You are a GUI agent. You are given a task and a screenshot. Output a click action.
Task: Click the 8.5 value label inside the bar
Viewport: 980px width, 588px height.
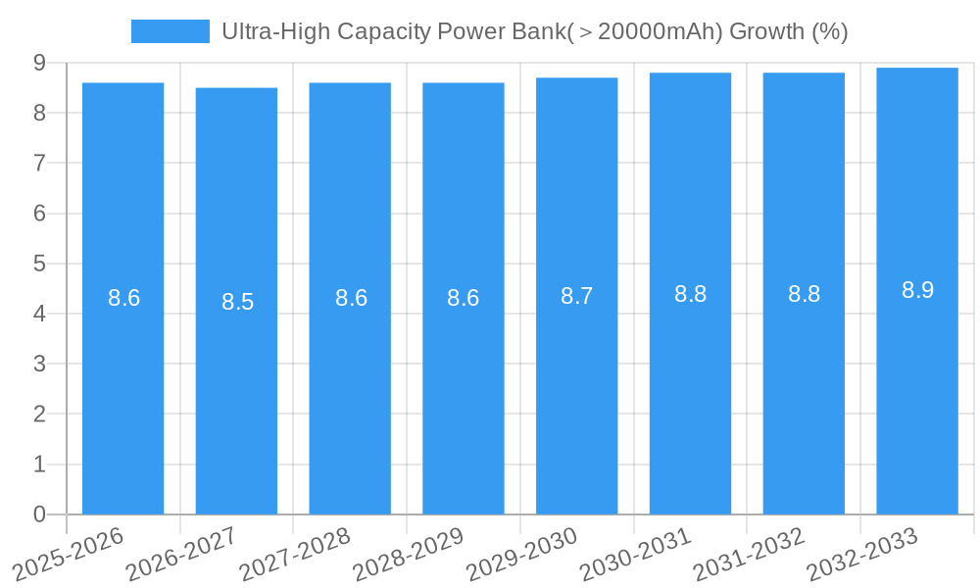coord(237,302)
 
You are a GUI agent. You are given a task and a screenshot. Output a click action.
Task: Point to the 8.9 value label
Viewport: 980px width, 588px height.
coord(917,290)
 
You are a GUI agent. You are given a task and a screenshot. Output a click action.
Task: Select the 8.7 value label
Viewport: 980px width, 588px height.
coord(576,296)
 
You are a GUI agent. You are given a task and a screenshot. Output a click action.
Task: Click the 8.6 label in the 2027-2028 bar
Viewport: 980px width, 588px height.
coord(351,298)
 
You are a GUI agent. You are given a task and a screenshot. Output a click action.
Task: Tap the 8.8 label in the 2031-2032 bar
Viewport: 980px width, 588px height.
coord(804,294)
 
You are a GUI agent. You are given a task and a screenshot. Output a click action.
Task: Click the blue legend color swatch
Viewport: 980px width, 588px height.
coord(170,31)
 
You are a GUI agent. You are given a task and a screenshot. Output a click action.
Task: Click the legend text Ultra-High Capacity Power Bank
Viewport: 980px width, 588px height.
coord(534,31)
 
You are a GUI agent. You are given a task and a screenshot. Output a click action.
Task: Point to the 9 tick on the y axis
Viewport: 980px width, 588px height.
coord(39,63)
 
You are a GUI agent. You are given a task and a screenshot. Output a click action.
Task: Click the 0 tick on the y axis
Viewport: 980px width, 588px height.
coord(39,514)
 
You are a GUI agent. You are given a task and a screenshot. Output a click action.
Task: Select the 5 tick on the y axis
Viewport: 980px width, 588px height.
coord(39,264)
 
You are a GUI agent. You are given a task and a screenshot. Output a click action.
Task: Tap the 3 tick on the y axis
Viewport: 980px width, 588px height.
coord(39,364)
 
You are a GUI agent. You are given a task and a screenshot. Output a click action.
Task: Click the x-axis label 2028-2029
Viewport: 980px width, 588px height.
coord(408,554)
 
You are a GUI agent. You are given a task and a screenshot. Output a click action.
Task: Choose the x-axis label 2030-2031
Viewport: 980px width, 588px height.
coord(635,554)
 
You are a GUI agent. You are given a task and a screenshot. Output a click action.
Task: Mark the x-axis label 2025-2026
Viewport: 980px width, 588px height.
coord(68,554)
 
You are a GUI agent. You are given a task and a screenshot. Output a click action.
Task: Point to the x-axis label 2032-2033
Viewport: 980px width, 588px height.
coord(862,554)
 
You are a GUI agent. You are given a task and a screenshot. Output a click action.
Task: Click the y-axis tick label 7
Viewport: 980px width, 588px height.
coord(39,163)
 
